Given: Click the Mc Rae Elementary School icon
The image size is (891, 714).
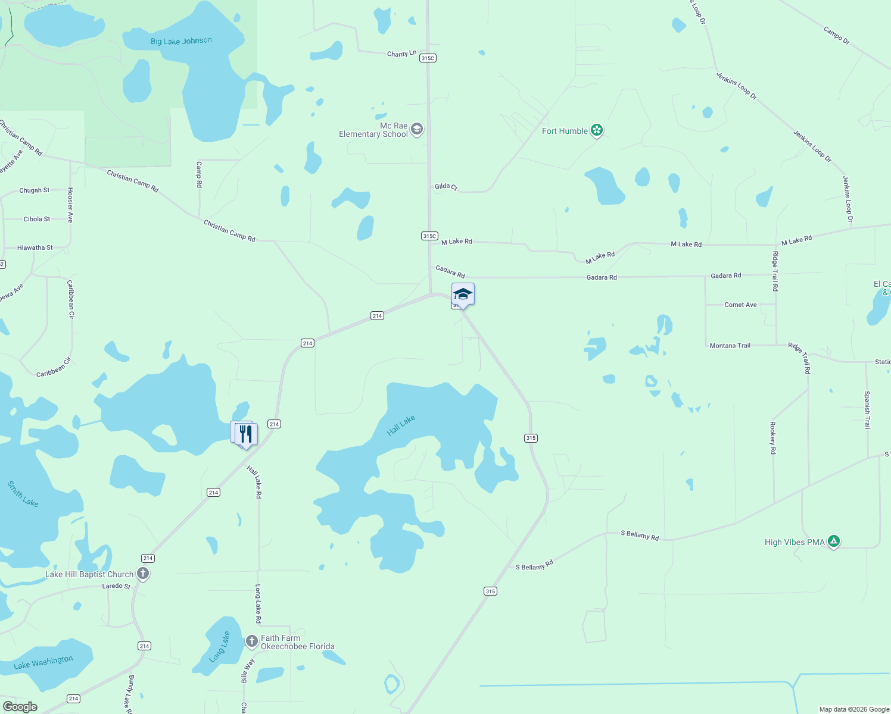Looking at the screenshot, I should pyautogui.click(x=417, y=129).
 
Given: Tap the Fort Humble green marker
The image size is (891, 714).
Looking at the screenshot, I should pyautogui.click(x=597, y=131).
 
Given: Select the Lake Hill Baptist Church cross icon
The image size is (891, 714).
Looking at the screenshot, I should pyautogui.click(x=142, y=574).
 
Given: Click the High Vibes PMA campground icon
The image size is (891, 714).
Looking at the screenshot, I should pyautogui.click(x=834, y=541).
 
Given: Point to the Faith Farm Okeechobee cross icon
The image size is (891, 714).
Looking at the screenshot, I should pyautogui.click(x=252, y=641).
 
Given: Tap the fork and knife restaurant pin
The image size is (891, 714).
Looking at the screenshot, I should pyautogui.click(x=246, y=434).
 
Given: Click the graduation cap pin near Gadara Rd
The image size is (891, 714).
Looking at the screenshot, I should pyautogui.click(x=463, y=294).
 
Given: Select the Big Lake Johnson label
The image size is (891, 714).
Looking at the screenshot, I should pyautogui.click(x=181, y=41).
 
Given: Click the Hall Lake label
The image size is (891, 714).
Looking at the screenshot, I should pyautogui.click(x=401, y=425).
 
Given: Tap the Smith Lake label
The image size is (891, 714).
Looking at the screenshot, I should pyautogui.click(x=23, y=494).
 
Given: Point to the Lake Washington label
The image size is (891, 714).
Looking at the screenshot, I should pyautogui.click(x=43, y=662).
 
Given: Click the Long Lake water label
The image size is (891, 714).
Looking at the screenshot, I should pyautogui.click(x=220, y=647).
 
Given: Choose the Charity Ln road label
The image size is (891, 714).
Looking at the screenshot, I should pyautogui.click(x=401, y=54).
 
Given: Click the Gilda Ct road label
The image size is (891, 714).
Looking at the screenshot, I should pyautogui.click(x=446, y=187).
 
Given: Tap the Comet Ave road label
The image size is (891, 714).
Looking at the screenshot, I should pyautogui.click(x=740, y=305).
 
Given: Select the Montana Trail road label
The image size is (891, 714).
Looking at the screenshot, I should pyautogui.click(x=730, y=345).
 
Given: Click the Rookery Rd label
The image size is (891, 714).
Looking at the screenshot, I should pyautogui.click(x=772, y=438).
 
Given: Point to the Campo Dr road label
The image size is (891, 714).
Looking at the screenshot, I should pyautogui.click(x=836, y=35).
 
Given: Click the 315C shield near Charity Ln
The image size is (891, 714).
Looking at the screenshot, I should pyautogui.click(x=428, y=58).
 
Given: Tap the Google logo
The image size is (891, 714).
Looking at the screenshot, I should pyautogui.click(x=20, y=707).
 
